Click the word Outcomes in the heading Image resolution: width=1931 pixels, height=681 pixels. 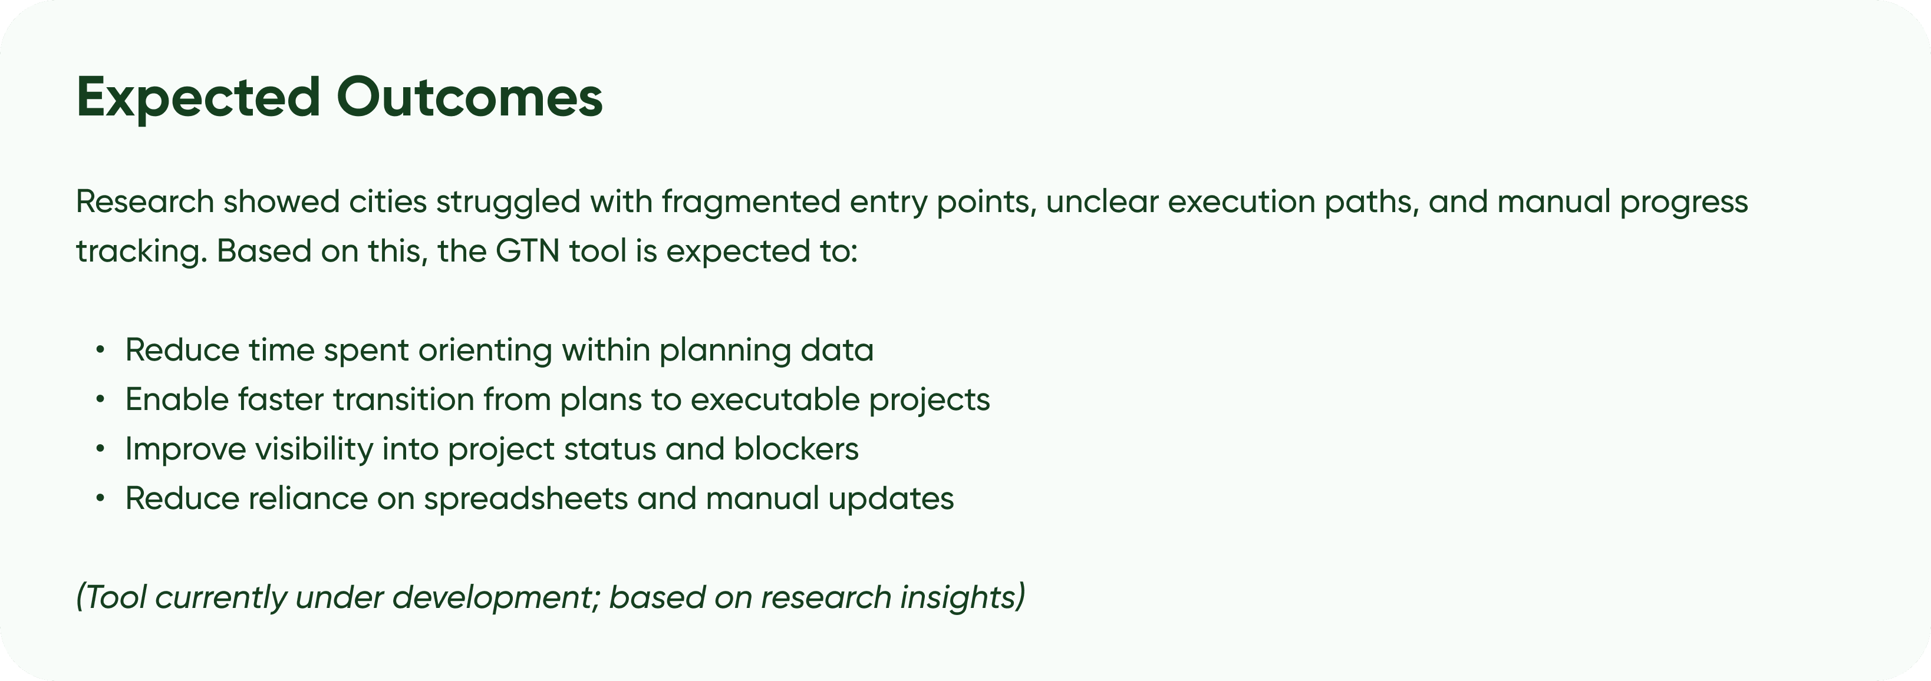pos(469,97)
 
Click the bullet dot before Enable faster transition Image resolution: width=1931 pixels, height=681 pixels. pos(100,399)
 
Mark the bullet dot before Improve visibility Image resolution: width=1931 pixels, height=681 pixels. pos(100,449)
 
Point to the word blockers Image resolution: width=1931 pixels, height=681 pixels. pos(796,449)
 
